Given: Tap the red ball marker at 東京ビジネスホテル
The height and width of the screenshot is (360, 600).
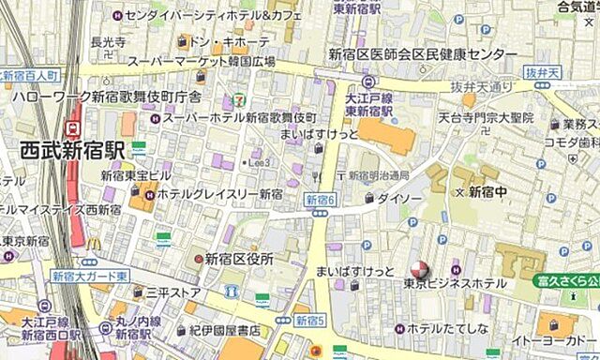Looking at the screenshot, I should click(421, 269).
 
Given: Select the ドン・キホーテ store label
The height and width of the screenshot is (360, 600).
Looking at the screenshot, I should click(232, 42).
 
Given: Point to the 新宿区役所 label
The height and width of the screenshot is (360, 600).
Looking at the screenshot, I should click(239, 258).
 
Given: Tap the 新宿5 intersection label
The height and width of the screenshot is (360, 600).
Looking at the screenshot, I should click(309, 321).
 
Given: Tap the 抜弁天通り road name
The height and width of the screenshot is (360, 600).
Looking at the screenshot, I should click(483, 86).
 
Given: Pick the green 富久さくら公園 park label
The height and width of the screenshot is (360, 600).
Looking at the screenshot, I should click(567, 280).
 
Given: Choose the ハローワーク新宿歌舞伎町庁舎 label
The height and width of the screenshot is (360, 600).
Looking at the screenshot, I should click(106, 97).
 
